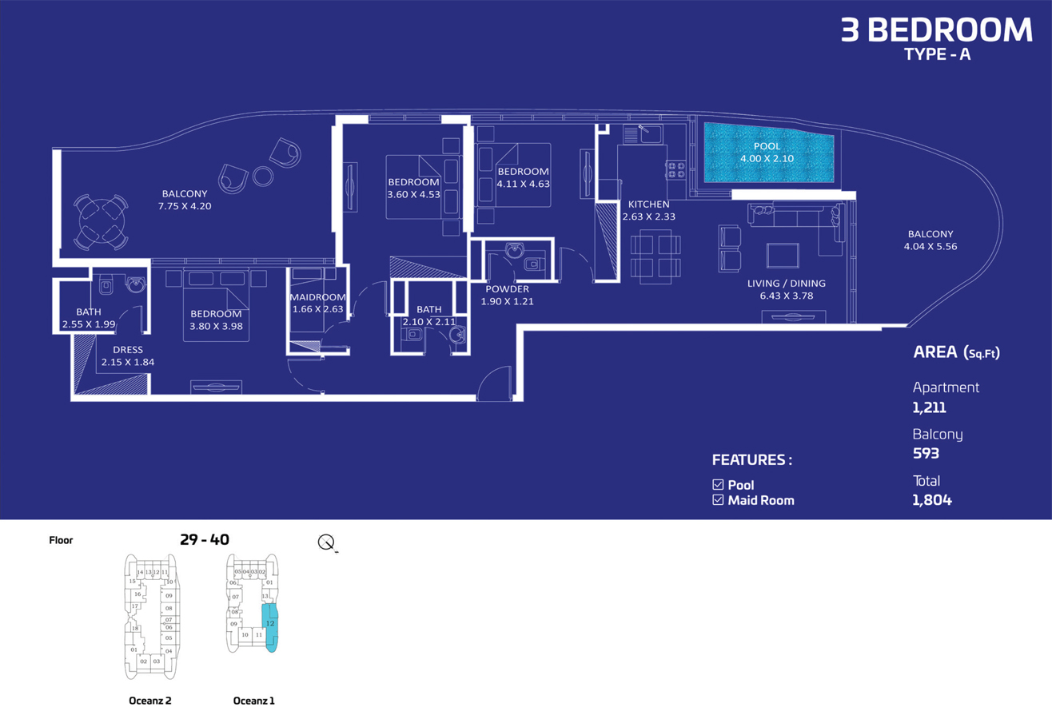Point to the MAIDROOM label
click(x=317, y=298)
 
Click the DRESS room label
click(x=127, y=349)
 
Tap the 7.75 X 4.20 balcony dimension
click(x=185, y=206)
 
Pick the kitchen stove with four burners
click(x=675, y=169)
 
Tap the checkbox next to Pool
click(x=717, y=485)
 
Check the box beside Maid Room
click(x=717, y=501)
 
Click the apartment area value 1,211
click(x=930, y=407)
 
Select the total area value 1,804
click(x=931, y=501)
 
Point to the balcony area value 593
click(x=925, y=454)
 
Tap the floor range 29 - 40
click(x=205, y=540)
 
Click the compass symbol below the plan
click(x=327, y=543)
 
